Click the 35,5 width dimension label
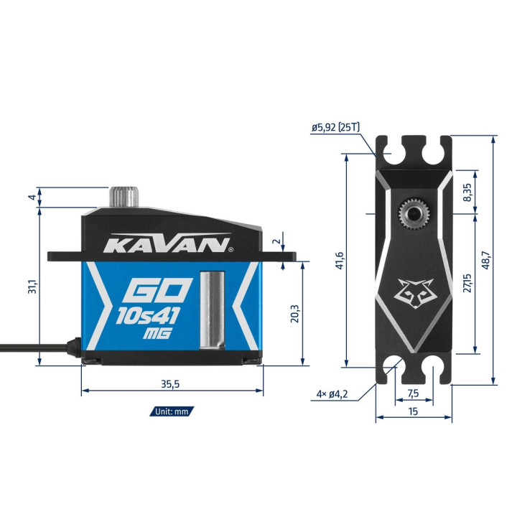point(170,384)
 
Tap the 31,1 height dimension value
point(32,287)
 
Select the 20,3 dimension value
point(295,313)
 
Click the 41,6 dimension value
point(340,261)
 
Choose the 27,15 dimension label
point(467,283)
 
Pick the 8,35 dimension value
point(467,192)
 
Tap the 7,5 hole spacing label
point(413,393)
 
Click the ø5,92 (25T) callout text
point(335,127)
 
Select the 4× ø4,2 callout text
point(332,393)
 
